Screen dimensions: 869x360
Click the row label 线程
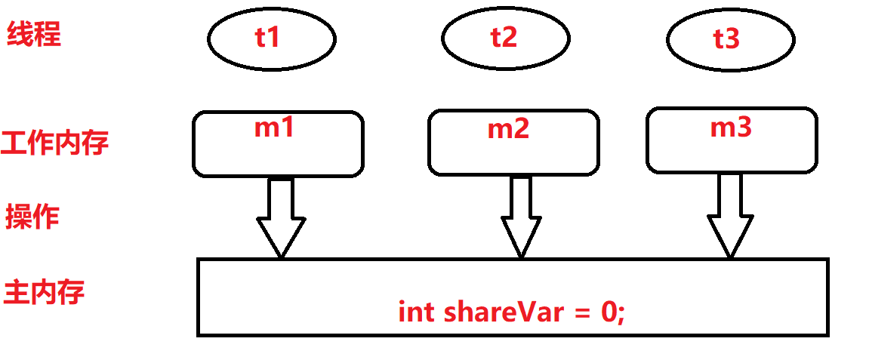pyautogui.click(x=34, y=34)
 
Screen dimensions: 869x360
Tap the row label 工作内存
pyautogui.click(x=55, y=142)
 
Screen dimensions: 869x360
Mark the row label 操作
pyautogui.click(x=32, y=217)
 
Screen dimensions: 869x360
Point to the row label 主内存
pyautogui.click(x=44, y=292)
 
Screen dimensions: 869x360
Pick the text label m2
pyautogui.click(x=508, y=129)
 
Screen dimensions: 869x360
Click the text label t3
pyautogui.click(x=726, y=38)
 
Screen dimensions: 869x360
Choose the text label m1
pyautogui.click(x=273, y=128)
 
